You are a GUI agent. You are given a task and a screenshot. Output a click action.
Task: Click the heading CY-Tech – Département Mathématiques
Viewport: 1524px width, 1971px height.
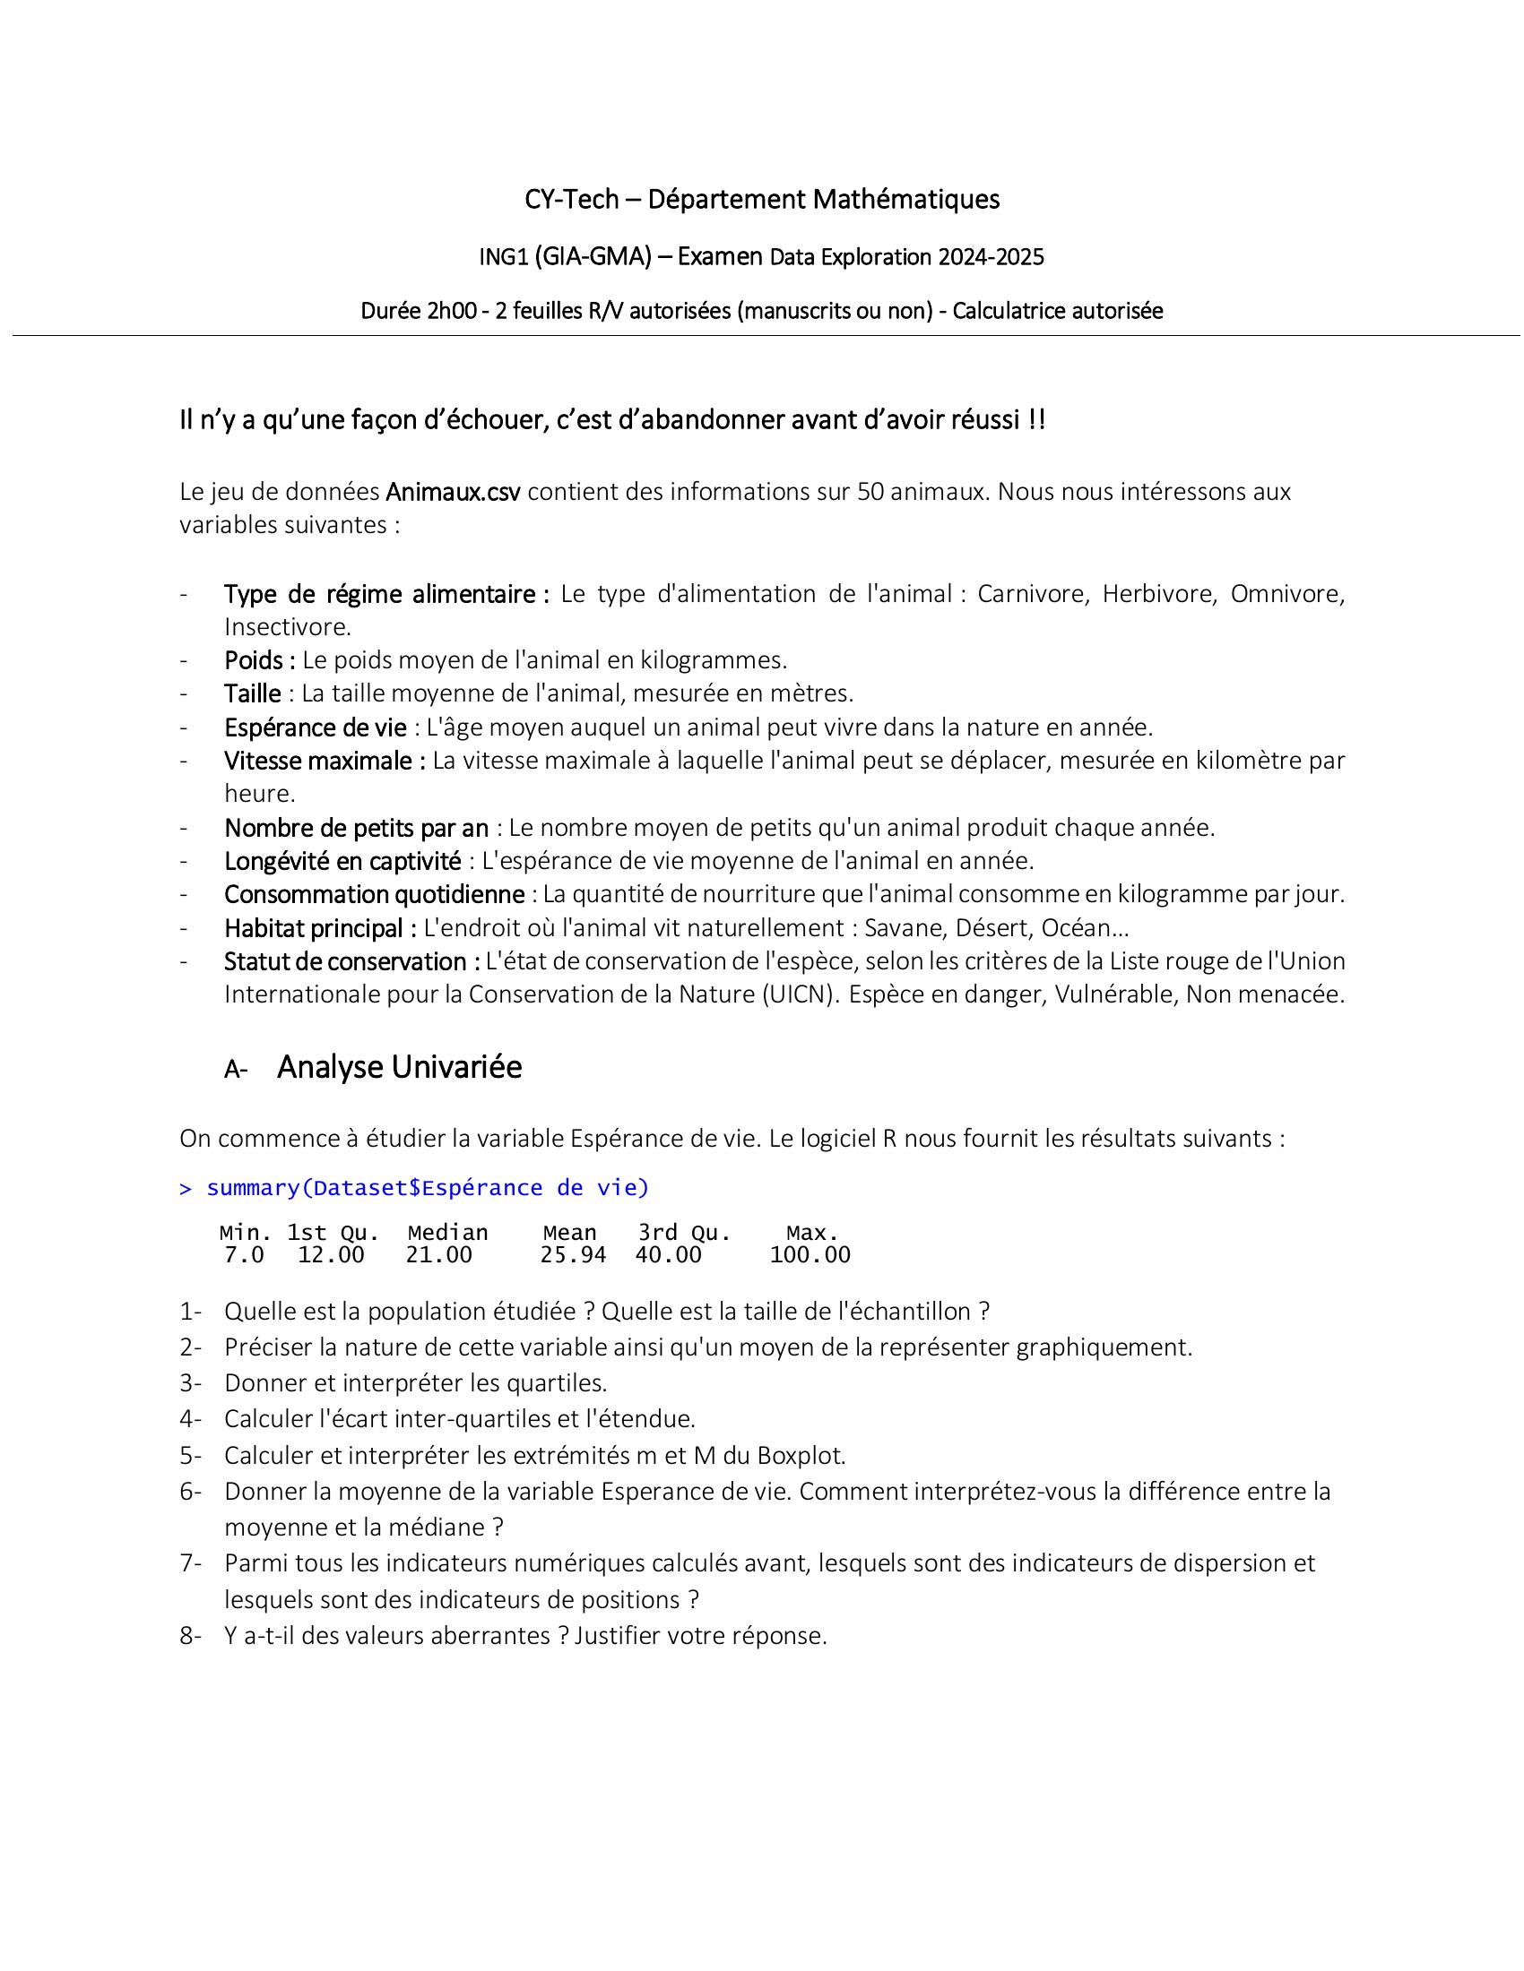point(762,199)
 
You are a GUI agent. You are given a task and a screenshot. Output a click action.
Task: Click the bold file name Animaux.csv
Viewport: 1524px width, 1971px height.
point(453,492)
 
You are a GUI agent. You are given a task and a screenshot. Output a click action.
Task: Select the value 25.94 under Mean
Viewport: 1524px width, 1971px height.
point(573,1254)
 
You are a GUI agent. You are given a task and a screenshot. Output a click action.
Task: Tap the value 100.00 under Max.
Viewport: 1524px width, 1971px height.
point(810,1254)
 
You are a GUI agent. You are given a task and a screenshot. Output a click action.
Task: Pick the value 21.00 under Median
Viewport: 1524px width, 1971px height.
point(438,1254)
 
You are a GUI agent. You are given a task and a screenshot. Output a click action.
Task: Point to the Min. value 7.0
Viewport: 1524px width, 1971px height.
point(244,1254)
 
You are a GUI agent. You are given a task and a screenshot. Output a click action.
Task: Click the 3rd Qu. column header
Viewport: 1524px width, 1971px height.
point(684,1232)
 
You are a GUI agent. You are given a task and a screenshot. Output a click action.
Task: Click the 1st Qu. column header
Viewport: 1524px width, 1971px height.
point(333,1232)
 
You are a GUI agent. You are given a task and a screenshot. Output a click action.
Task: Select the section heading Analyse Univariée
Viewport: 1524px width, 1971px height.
point(399,1067)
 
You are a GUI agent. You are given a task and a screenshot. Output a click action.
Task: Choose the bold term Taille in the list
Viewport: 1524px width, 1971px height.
point(253,693)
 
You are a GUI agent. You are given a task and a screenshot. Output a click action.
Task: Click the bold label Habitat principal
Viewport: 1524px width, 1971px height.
point(313,928)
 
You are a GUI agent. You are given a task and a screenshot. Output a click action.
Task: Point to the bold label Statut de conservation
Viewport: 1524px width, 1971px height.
point(345,961)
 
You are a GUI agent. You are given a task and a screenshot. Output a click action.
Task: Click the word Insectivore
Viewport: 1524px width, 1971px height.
point(286,626)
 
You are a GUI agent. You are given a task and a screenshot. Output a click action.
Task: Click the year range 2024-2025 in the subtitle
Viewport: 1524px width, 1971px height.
point(991,257)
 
